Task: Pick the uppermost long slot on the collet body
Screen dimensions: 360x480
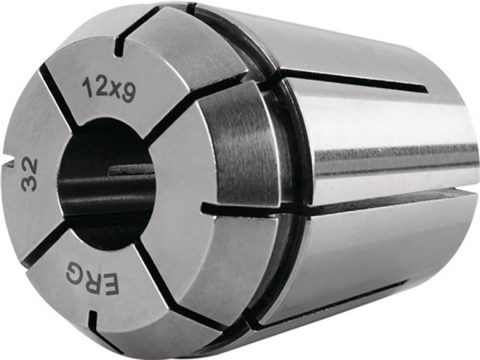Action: pyautogui.click(x=354, y=82)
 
